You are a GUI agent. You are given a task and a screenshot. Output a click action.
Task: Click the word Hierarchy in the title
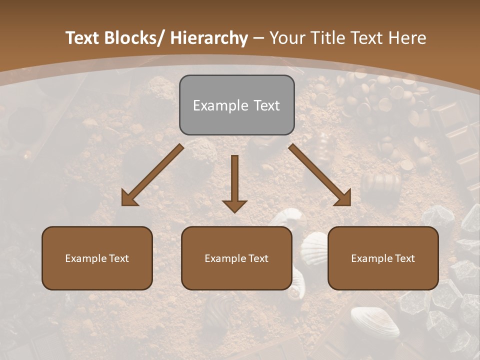209,38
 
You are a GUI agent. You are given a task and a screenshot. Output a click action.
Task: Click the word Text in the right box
403,258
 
